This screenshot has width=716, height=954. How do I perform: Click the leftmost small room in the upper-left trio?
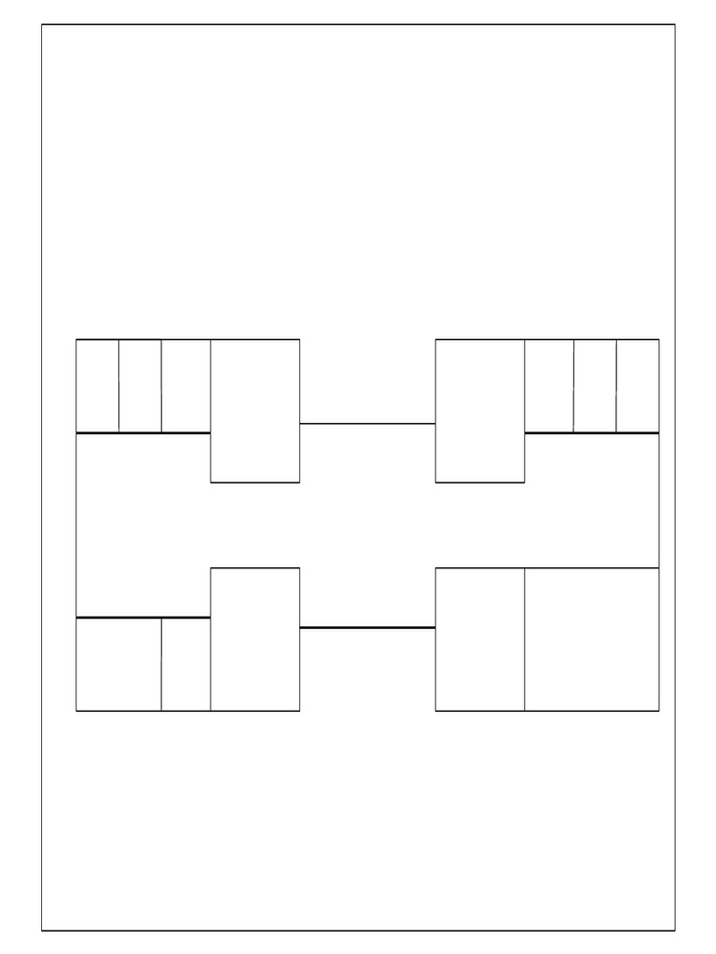[x=97, y=386]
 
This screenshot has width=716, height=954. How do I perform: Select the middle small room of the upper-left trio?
[x=140, y=386]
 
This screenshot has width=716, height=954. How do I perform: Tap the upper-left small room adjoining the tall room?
[x=186, y=386]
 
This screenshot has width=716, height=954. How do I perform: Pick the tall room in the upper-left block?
[x=255, y=411]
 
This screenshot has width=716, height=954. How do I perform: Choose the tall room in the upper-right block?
[x=480, y=411]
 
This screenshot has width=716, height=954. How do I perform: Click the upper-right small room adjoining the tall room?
[x=549, y=386]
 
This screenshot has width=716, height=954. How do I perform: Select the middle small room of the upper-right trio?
[x=595, y=386]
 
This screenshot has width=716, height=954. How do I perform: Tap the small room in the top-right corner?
[x=638, y=386]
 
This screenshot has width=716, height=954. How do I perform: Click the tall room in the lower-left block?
[x=255, y=639]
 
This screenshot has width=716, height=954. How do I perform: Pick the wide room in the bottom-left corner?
[x=118, y=664]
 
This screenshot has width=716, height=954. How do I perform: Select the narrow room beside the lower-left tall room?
[x=186, y=664]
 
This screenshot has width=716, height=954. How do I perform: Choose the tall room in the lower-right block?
[x=480, y=639]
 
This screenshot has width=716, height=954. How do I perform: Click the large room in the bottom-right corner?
[x=592, y=639]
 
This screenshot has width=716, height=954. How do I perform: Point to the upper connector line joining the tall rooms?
[x=367, y=423]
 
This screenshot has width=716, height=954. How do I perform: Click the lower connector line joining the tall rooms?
[x=367, y=628]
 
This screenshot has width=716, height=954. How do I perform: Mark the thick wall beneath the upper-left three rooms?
[x=143, y=432]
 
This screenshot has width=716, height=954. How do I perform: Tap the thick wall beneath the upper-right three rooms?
[x=592, y=432]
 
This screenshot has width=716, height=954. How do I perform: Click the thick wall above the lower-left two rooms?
[x=143, y=617]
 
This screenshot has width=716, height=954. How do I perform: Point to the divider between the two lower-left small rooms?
[x=161, y=664]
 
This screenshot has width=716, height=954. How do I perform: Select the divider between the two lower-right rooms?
[x=525, y=639]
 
